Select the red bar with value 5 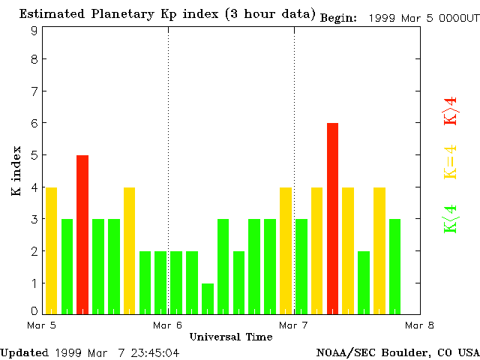[82, 234]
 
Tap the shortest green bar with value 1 [208, 298]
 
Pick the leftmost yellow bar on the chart [51, 250]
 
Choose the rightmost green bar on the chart [395, 266]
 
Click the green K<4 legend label [450, 218]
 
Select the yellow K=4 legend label [450, 161]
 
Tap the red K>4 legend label [450, 109]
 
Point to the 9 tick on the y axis [34, 31]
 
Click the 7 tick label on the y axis [34, 91]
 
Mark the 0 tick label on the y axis [34, 310]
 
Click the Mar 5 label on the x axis [41, 325]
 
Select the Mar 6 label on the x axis [168, 325]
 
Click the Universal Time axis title [230, 337]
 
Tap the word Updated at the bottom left [23, 352]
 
